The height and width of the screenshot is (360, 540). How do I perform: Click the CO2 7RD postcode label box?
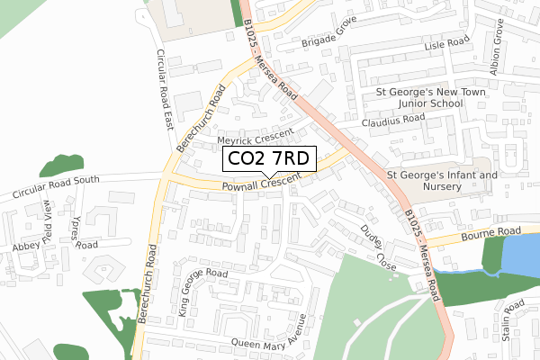(x=268, y=159)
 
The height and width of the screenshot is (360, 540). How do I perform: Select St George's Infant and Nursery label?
(x=441, y=181)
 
